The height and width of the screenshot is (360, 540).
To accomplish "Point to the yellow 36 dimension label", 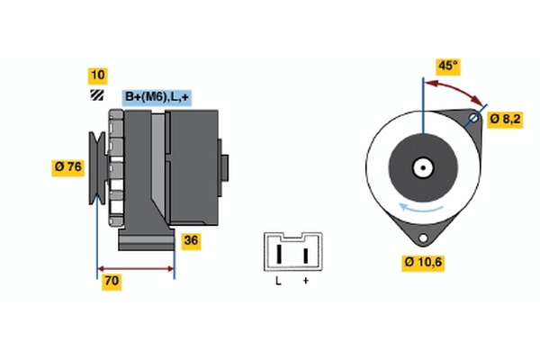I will tap(191, 240).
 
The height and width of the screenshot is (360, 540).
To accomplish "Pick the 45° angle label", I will tap(447, 66).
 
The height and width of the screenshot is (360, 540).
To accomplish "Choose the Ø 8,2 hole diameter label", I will tap(506, 117).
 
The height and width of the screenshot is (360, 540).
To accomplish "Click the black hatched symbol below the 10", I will tap(96, 94).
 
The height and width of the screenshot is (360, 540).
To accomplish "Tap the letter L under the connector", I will tap(279, 282).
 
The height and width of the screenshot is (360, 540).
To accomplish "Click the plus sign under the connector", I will tap(305, 282).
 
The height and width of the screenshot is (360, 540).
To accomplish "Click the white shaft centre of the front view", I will tap(421, 166).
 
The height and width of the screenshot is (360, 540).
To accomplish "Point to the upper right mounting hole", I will tap(475, 117).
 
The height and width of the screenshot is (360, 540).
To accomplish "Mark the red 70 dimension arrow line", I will tap(135, 268).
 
